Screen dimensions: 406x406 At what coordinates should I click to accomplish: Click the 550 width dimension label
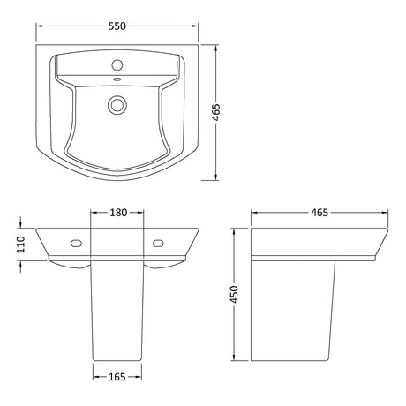(117, 26)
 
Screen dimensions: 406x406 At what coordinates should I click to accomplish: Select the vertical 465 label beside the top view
(216, 112)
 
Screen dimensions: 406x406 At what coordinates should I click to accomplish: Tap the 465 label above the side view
(320, 213)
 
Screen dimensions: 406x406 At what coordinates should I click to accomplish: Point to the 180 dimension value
(118, 213)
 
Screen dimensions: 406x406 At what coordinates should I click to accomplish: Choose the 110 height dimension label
(21, 244)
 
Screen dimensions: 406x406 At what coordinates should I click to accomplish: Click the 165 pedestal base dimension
(117, 377)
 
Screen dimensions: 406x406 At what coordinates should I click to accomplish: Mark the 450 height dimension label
(234, 294)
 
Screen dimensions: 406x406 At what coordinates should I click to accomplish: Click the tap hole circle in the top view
(117, 64)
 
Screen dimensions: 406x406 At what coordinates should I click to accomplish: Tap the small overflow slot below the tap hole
(117, 79)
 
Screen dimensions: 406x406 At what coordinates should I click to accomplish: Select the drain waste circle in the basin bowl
(117, 105)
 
